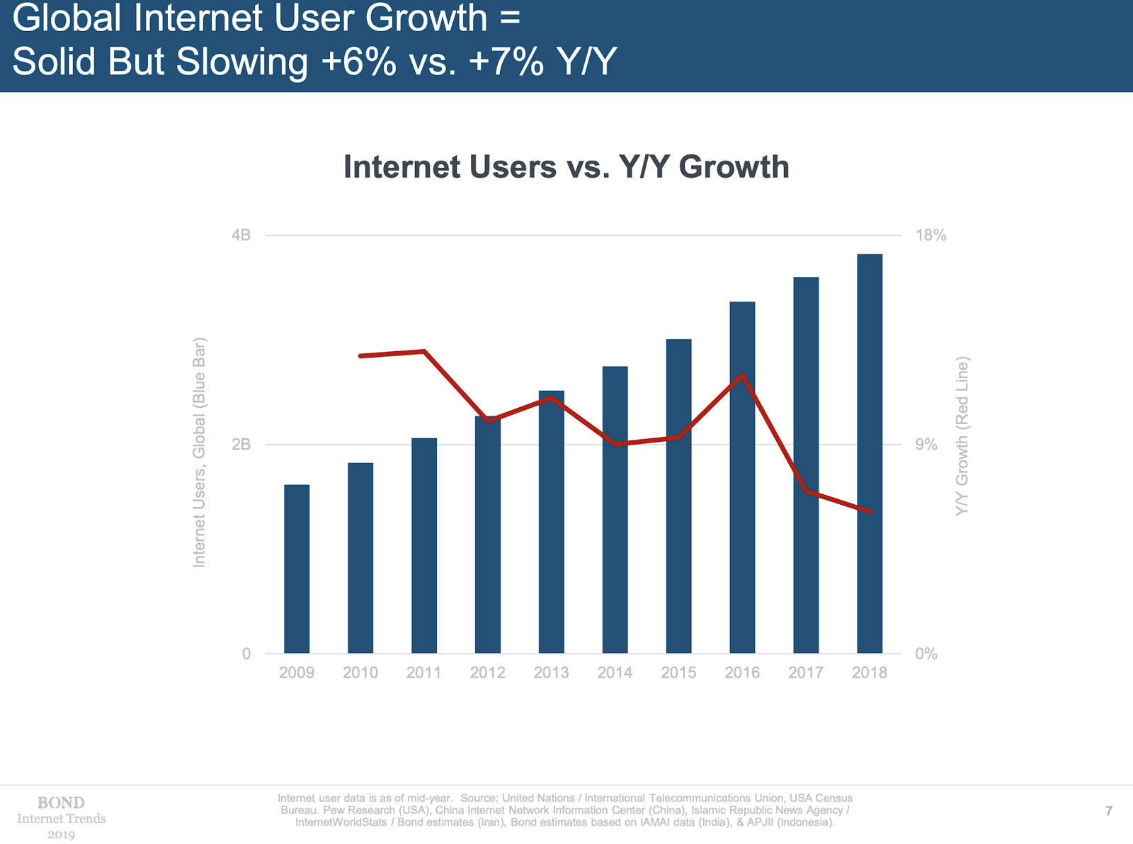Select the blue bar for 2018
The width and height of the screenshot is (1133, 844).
pyautogui.click(x=870, y=453)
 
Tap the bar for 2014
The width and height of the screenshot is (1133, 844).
pyautogui.click(x=615, y=510)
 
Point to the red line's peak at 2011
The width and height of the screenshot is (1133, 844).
pyautogui.click(x=424, y=351)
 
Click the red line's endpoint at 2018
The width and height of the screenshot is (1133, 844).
pyautogui.click(x=870, y=511)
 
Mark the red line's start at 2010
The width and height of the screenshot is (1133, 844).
pyautogui.click(x=361, y=355)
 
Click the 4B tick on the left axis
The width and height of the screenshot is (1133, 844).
pyautogui.click(x=241, y=235)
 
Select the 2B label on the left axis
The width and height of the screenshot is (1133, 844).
pyautogui.click(x=241, y=445)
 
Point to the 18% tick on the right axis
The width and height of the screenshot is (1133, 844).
pyautogui.click(x=930, y=235)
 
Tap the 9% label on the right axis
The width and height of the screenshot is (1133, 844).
pyautogui.click(x=926, y=445)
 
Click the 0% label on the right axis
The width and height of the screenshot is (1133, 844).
pyautogui.click(x=926, y=654)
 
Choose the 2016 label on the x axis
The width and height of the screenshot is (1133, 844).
pyautogui.click(x=742, y=673)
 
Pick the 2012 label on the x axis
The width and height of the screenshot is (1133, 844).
pyautogui.click(x=488, y=673)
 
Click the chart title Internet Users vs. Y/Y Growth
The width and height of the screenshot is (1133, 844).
pyautogui.click(x=566, y=167)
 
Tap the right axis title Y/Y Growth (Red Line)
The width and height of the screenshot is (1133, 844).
pyautogui.click(x=962, y=436)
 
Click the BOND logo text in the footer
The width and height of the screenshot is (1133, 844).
pyautogui.click(x=61, y=803)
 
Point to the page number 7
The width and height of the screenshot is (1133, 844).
pyautogui.click(x=1109, y=811)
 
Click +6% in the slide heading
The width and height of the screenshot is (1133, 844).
pyautogui.click(x=358, y=62)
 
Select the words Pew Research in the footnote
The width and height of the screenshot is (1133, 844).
pyautogui.click(x=359, y=810)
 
